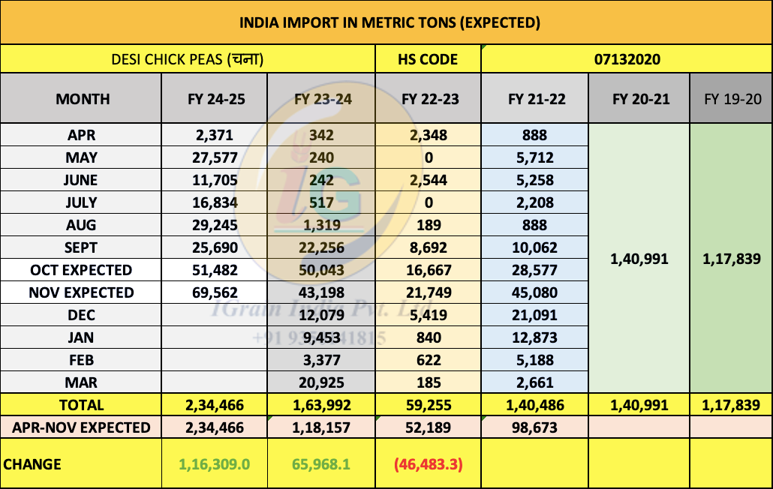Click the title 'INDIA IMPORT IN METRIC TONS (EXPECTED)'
[390, 22]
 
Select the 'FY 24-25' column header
[216, 98]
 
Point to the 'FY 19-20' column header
[731, 98]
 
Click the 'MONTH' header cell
[83, 98]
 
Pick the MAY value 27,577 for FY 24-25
[216, 157]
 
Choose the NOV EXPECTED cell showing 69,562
[216, 292]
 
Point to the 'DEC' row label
[83, 315]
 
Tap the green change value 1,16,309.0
[216, 464]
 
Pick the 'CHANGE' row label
[33, 464]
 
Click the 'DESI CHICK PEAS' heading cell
[188, 59]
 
